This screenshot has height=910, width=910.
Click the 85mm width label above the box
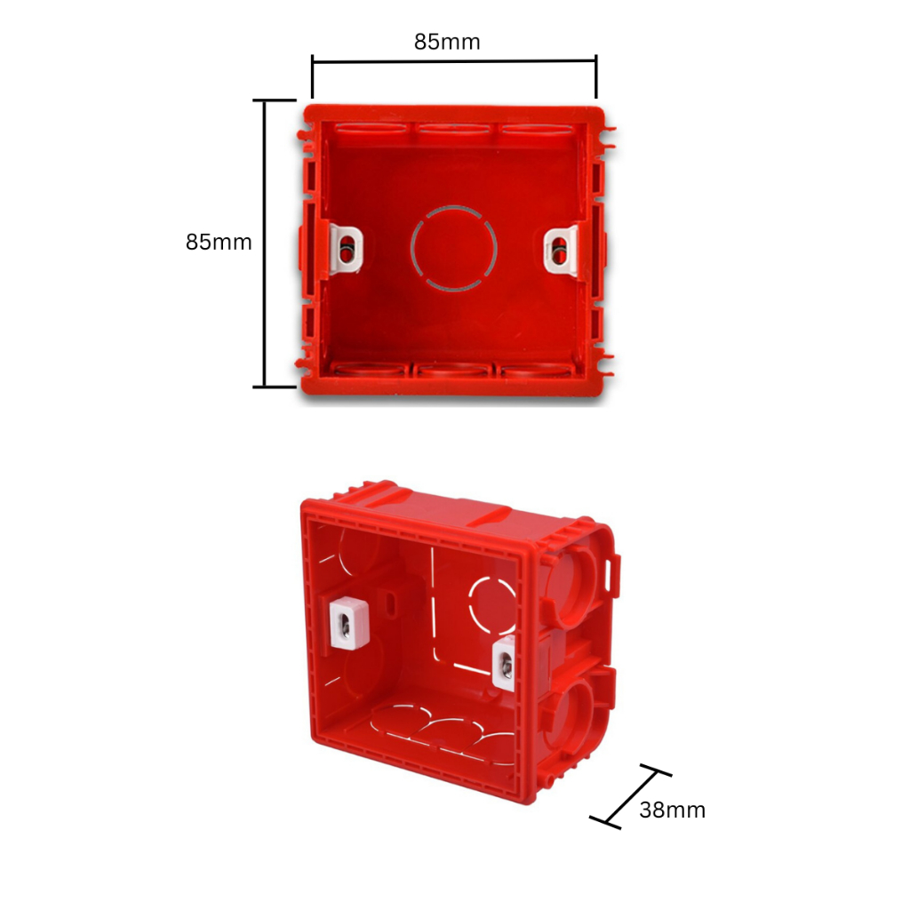click(x=447, y=42)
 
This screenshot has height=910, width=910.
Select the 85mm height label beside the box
click(x=219, y=242)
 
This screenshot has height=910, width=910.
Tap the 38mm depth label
click(x=672, y=810)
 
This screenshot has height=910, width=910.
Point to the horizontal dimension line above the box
click(x=454, y=61)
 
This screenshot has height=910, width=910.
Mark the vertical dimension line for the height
click(x=266, y=243)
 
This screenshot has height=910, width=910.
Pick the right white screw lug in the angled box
click(x=504, y=663)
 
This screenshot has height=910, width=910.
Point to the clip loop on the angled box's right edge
click(x=614, y=574)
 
